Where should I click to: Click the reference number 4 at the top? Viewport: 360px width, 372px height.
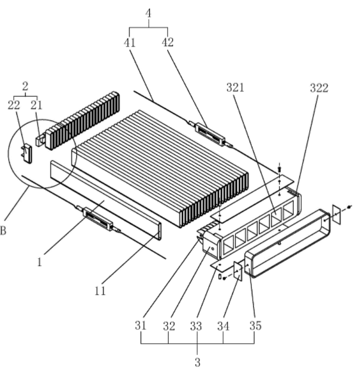pyautogui.click(x=149, y=12)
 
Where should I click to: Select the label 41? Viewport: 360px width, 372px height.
pyautogui.click(x=130, y=43)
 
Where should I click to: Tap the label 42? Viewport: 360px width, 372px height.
pyautogui.click(x=167, y=43)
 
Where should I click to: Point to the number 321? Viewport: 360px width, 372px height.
pyautogui.click(x=235, y=88)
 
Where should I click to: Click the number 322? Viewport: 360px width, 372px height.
pyautogui.click(x=319, y=88)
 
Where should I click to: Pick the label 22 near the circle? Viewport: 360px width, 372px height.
pyautogui.click(x=14, y=105)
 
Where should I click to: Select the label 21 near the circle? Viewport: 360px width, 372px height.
pyautogui.click(x=36, y=105)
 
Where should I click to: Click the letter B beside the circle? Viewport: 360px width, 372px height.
pyautogui.click(x=3, y=231)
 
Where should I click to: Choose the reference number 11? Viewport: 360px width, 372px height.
pyautogui.click(x=101, y=291)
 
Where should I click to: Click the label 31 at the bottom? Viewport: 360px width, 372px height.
pyautogui.click(x=141, y=325)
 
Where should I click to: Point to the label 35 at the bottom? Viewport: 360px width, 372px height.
pyautogui.click(x=255, y=325)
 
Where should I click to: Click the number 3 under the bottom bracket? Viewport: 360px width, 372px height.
pyautogui.click(x=197, y=363)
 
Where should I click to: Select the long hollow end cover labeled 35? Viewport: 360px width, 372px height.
pyautogui.click(x=287, y=241)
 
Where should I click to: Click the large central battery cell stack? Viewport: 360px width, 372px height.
pyautogui.click(x=159, y=164)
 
